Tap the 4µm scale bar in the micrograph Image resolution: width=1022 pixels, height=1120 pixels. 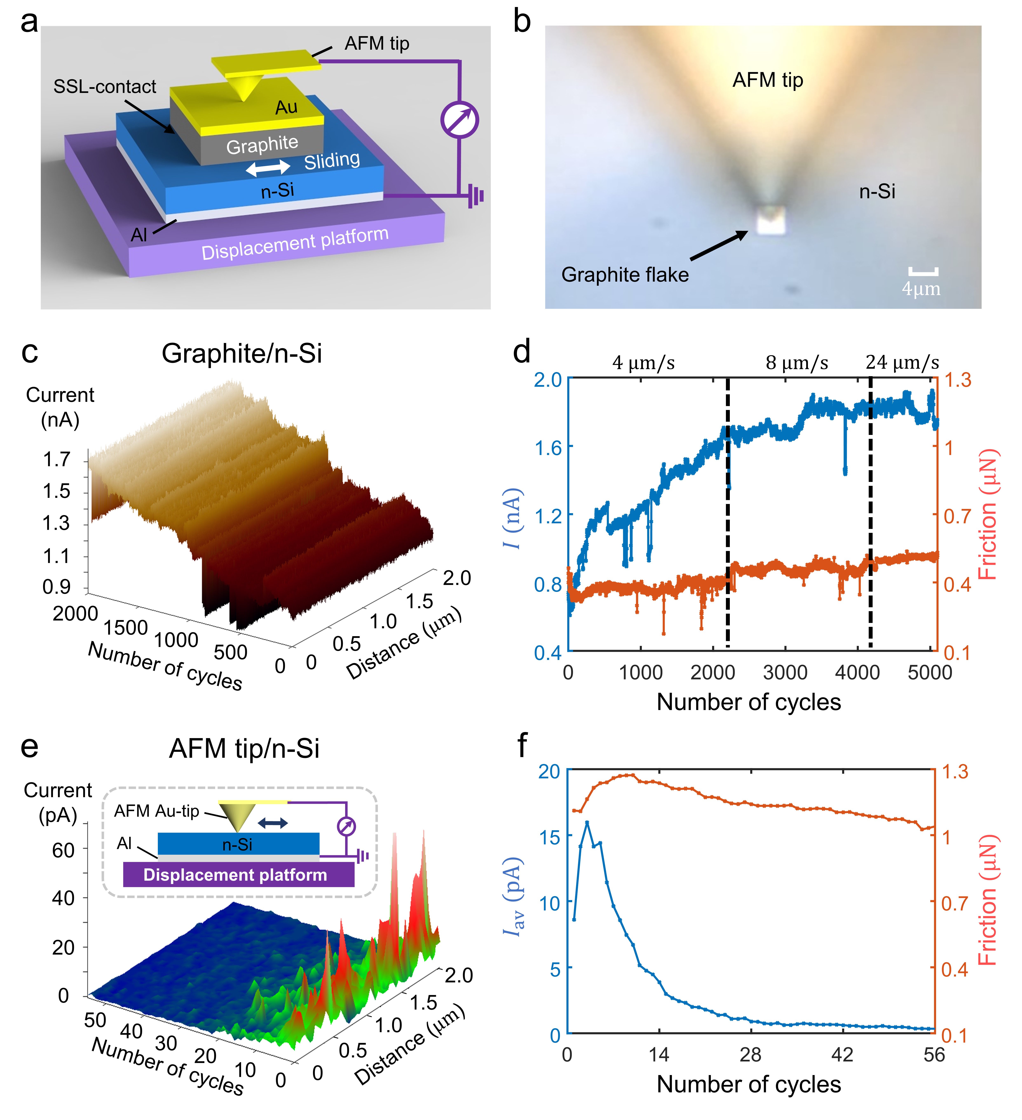coord(923,272)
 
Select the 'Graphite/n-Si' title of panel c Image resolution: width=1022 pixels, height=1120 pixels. coord(242,353)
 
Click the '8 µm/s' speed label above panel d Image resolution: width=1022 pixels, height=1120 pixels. coord(797,363)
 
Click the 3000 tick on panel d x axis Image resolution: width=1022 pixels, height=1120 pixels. coord(785,672)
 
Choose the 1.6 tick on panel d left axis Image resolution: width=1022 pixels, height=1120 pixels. coord(548,447)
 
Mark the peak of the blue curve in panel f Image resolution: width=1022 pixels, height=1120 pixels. coord(587,822)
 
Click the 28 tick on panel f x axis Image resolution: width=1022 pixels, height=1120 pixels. coord(750,1054)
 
